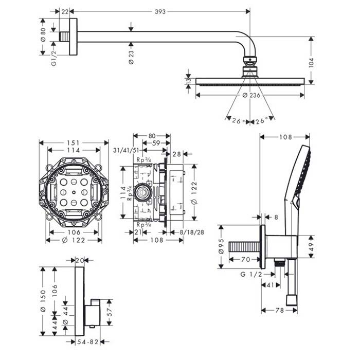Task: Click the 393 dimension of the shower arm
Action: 160,12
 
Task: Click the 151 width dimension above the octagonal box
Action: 73,142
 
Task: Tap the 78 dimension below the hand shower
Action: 279,311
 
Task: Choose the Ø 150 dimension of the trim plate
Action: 44,298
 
